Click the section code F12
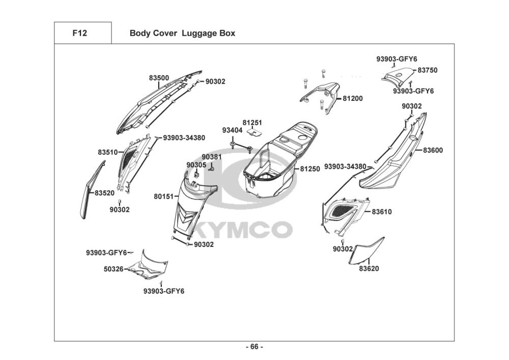tap(79, 33)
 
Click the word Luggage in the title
tap(197, 34)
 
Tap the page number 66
tap(254, 347)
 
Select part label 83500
tap(159, 78)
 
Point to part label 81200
tap(353, 98)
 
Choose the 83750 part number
tap(428, 70)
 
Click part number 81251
tap(252, 123)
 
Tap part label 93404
tap(232, 130)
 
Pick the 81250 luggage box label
tap(310, 169)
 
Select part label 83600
tap(433, 150)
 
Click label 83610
tap(382, 212)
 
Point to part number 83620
tap(369, 268)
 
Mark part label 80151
tap(164, 197)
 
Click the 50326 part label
tap(114, 269)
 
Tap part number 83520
tap(104, 193)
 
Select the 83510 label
tap(108, 152)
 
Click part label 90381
tap(212, 157)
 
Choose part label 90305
tap(196, 165)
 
